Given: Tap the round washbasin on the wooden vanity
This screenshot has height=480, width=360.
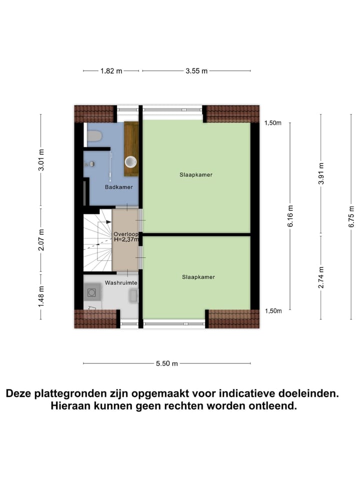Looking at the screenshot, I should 131,161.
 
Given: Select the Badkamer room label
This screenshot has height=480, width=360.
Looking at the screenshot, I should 115,187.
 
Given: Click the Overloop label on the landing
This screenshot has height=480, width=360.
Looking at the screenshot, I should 125,233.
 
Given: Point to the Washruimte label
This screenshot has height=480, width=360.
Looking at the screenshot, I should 120,283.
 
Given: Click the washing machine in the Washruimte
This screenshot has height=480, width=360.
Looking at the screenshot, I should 92,291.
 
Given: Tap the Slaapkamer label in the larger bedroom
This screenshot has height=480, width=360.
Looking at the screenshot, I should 196,175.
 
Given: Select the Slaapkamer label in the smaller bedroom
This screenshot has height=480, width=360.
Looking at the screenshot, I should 198,276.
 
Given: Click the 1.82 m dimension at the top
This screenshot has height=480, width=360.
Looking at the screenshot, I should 111,71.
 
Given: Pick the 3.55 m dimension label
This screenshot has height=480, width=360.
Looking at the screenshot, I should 196,71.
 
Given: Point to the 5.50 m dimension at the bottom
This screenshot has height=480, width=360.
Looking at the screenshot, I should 167,363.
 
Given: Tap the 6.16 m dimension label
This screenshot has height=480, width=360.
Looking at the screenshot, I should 290,216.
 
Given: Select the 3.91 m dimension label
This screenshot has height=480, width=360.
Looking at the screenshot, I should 321,173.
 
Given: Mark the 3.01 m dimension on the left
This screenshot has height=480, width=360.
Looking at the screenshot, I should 41,160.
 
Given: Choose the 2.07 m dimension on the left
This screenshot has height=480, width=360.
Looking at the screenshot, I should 41,239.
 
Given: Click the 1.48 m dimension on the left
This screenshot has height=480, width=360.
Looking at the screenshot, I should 41,295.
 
